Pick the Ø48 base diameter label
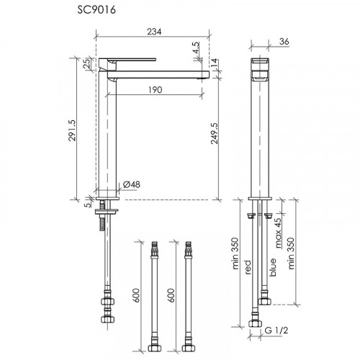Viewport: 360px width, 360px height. point(132,185)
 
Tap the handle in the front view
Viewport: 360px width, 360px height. point(259,66)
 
